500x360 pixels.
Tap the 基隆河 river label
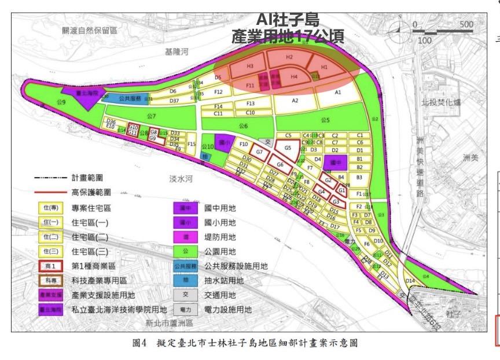[177, 52]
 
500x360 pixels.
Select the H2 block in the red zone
[289, 58]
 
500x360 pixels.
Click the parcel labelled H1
[324, 67]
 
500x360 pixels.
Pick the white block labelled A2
[295, 101]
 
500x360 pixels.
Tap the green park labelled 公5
[325, 120]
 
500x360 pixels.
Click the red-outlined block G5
[288, 148]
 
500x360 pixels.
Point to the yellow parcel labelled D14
[410, 281]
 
